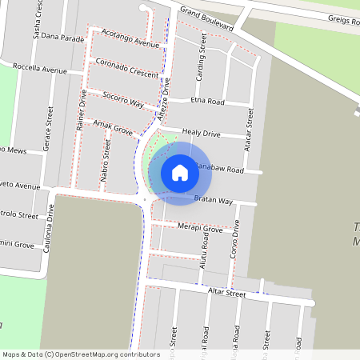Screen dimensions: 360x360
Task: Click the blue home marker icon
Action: point(180,173)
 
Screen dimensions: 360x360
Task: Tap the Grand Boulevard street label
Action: point(206,19)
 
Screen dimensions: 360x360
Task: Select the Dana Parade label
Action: point(62,37)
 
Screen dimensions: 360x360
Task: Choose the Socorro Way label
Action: point(123,100)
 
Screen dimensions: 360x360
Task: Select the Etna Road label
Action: point(208,102)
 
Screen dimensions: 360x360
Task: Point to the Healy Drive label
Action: point(201,133)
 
